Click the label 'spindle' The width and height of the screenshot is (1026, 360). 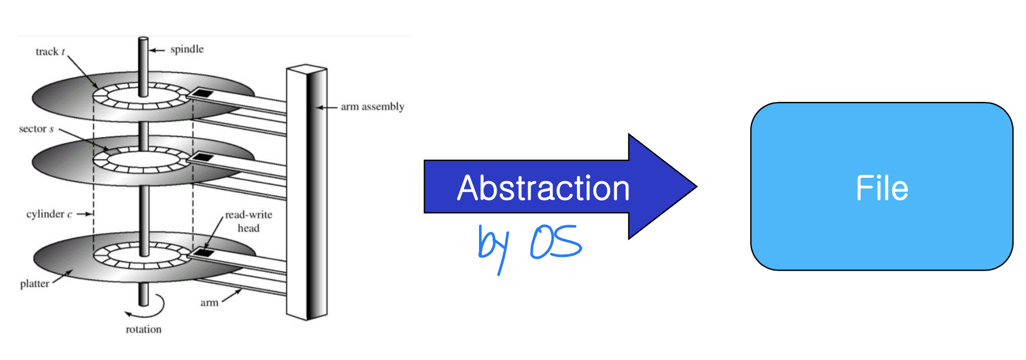[x=187, y=49]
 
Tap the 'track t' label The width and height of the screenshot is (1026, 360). [x=50, y=52]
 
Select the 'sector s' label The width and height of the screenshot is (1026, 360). [x=36, y=128]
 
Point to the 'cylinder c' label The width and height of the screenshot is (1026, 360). [x=49, y=214]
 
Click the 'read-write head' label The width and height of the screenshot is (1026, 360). [x=249, y=221]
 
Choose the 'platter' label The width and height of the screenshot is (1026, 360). [x=35, y=284]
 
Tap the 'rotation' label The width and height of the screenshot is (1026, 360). [x=143, y=329]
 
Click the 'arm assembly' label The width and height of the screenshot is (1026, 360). [x=373, y=106]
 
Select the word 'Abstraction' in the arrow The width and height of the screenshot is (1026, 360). [x=544, y=188]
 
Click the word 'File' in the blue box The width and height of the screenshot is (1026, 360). [x=882, y=188]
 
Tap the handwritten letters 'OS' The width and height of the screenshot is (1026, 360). [x=556, y=242]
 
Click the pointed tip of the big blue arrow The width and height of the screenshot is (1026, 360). [x=696, y=186]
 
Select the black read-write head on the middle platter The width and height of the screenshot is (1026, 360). [x=203, y=157]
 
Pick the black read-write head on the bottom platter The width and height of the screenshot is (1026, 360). [x=203, y=252]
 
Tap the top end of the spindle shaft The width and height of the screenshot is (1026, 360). [x=143, y=38]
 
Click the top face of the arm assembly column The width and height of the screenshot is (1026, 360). [x=306, y=70]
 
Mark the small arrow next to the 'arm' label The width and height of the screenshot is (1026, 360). [x=231, y=295]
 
